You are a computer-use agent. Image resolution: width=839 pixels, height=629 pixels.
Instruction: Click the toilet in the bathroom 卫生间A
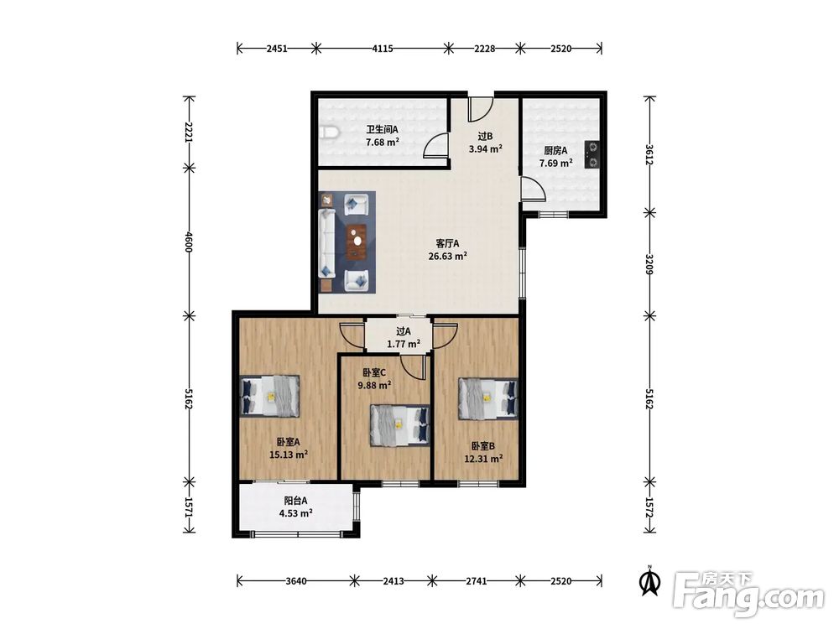coord(327,133)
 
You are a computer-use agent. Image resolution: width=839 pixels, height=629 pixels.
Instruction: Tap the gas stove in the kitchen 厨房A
coord(591,154)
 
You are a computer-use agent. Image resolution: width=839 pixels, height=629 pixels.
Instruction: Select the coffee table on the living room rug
coord(357,242)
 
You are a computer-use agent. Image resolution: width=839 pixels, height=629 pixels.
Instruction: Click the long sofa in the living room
coord(326,243)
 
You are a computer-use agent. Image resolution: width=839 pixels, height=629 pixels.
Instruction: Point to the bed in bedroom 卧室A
coord(269,397)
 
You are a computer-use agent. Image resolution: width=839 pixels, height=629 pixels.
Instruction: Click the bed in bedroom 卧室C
coord(399,425)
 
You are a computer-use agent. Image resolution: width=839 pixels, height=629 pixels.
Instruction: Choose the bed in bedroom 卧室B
coord(488,399)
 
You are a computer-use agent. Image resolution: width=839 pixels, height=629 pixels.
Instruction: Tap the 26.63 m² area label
coord(448,256)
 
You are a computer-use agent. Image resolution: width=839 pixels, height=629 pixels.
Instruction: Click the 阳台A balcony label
coord(295,501)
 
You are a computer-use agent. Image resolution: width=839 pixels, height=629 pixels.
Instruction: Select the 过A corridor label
coord(404,331)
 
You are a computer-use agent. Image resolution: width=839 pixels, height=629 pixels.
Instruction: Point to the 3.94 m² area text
coord(485,149)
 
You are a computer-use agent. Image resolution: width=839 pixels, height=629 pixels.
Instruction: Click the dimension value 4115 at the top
coord(383,49)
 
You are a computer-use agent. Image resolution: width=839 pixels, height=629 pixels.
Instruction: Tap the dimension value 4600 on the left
coord(188,242)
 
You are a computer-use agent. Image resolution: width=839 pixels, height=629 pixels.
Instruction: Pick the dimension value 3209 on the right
coord(649,264)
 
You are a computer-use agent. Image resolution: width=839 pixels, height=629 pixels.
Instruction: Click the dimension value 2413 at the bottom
coord(393,581)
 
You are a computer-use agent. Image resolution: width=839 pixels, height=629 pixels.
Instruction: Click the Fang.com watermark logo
coord(748,593)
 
